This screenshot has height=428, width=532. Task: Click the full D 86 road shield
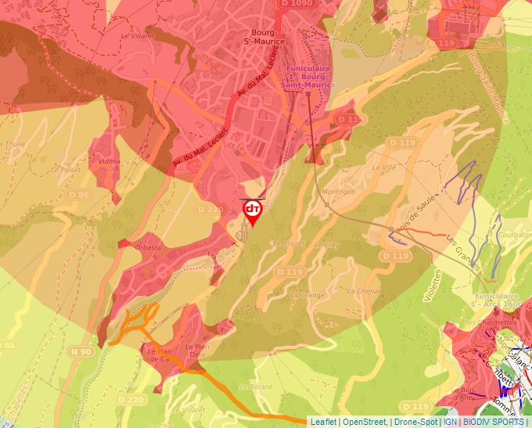click(79, 194)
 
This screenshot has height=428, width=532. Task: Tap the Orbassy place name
click(148, 247)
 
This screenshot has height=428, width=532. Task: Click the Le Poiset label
click(66, 168)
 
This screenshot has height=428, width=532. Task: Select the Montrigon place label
click(338, 192)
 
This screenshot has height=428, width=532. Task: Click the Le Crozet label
click(287, 243)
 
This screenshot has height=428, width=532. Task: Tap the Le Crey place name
click(326, 245)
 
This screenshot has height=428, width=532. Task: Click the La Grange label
click(307, 295)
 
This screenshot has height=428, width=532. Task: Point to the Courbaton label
click(514, 234)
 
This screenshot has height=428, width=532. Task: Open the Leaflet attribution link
click(323, 422)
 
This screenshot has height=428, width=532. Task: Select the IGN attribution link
click(451, 422)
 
